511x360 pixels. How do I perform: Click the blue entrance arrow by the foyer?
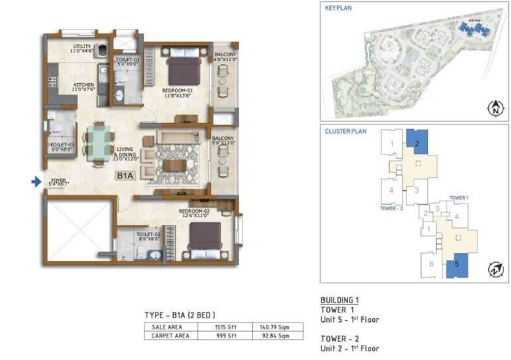36,181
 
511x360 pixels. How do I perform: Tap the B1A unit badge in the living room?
125,176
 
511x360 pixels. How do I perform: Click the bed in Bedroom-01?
184,68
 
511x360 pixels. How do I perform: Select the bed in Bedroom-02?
204,238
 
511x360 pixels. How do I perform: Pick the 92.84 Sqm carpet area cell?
277,336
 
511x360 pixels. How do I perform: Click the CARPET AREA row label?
171,336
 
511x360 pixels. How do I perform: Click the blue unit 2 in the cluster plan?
417,141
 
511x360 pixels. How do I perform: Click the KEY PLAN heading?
338,8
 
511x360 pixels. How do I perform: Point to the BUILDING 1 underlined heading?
339,300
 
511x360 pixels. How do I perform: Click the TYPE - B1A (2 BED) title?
180,314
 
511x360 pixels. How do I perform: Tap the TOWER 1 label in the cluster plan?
459,198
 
